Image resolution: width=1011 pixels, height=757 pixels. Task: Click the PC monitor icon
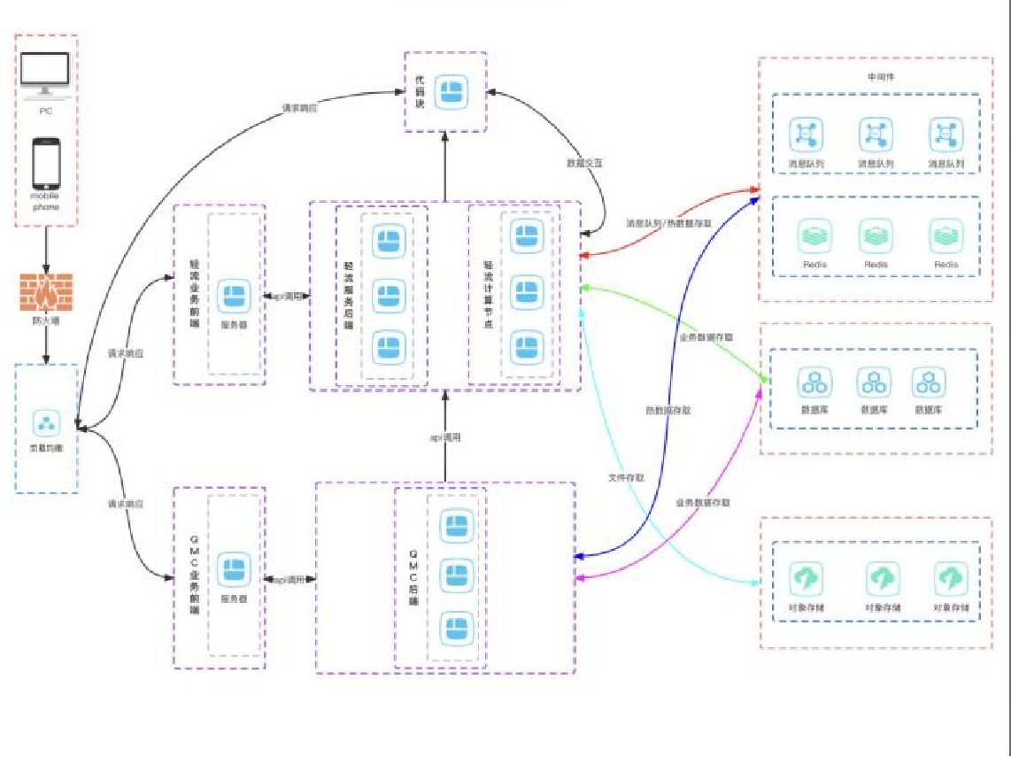pyautogui.click(x=45, y=78)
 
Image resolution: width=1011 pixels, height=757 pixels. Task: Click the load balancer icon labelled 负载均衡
pyautogui.click(x=45, y=422)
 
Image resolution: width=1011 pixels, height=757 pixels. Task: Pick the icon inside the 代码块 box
pyautogui.click(x=453, y=91)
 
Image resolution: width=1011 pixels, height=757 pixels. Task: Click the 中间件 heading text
pyautogui.click(x=881, y=77)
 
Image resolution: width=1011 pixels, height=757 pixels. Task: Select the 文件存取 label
pyautogui.click(x=625, y=477)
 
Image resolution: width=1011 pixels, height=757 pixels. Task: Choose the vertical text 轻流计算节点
pyautogui.click(x=487, y=296)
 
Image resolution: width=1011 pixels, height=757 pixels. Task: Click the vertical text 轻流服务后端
pyautogui.click(x=348, y=296)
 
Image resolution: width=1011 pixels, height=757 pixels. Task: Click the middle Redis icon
pyautogui.click(x=876, y=237)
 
